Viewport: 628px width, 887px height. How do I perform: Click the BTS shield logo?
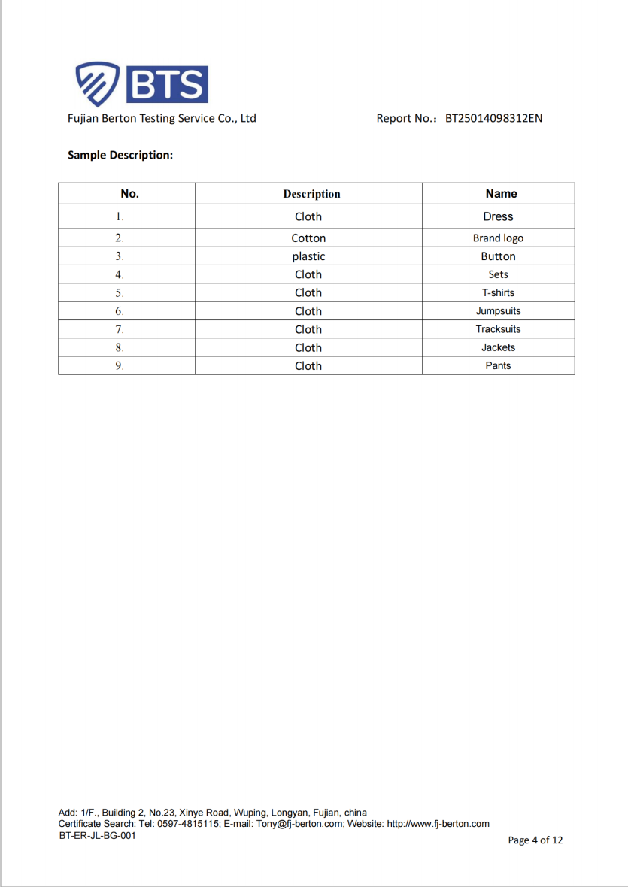98,83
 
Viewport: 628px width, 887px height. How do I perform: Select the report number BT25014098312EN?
493,118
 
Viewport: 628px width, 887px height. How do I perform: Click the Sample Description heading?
120,155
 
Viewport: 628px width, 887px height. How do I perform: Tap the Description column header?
311,194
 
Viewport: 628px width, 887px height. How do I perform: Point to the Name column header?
501,194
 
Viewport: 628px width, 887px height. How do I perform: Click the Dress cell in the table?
498,216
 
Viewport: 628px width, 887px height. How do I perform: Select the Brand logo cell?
498,238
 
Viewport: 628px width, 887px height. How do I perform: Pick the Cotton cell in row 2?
308,238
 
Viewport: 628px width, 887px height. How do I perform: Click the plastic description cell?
308,256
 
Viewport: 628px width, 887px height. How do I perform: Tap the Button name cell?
498,256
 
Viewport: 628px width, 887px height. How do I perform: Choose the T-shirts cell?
498,293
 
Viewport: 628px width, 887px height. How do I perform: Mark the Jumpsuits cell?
498,311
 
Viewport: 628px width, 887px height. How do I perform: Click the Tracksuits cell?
498,329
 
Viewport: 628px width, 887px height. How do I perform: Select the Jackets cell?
498,347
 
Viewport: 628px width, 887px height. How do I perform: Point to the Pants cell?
498,366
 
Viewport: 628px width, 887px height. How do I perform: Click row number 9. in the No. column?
119,366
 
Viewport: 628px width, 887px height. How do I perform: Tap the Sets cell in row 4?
498,275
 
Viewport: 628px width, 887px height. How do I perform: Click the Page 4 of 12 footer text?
535,840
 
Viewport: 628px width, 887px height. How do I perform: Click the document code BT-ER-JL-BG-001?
97,835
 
